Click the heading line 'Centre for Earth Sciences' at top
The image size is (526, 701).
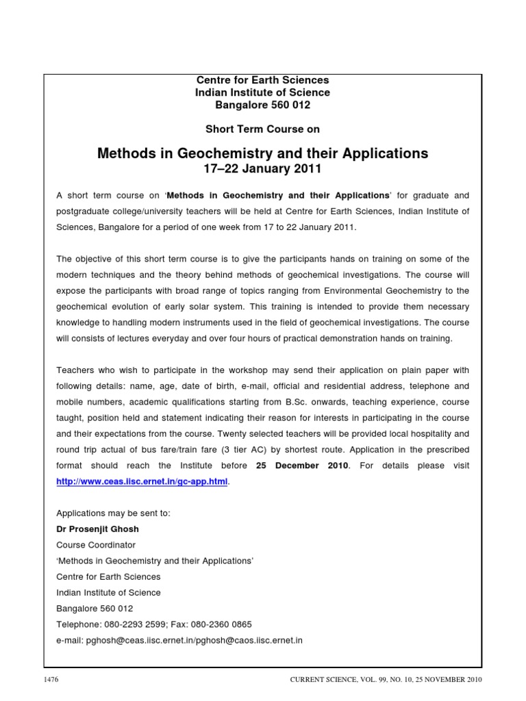(263, 80)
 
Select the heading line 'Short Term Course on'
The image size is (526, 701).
(263, 129)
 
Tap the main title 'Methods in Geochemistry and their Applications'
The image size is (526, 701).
(263, 153)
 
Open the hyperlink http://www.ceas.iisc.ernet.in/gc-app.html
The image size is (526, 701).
(142, 482)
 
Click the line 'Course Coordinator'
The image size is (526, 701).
(96, 545)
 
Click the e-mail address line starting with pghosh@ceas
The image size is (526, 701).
(179, 640)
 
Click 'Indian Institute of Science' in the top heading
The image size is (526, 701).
(263, 92)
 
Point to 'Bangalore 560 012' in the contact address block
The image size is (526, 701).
(95, 608)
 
